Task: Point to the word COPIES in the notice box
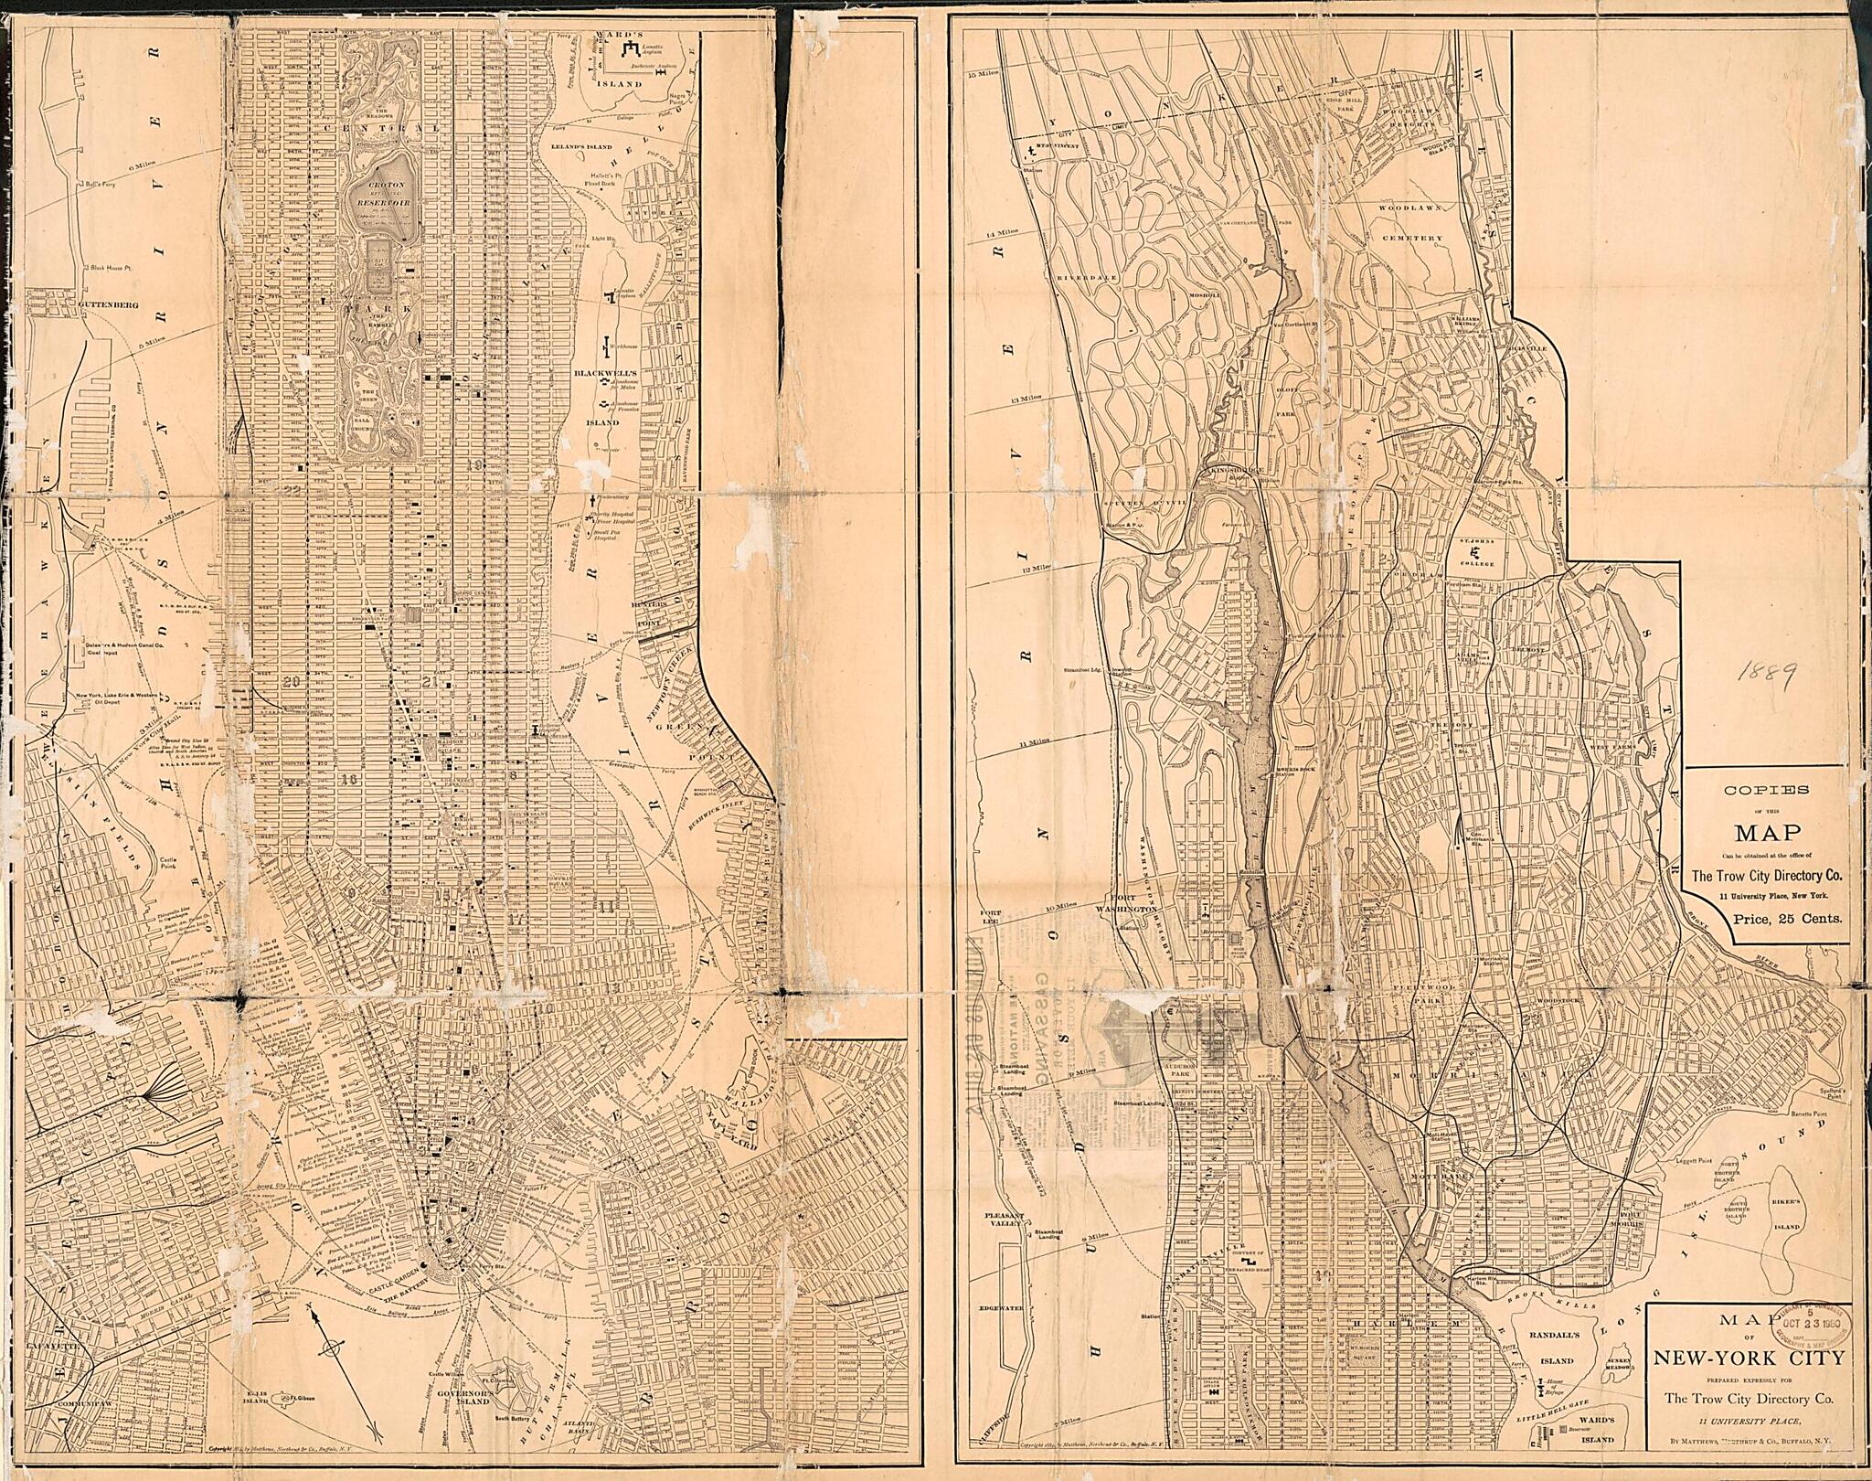click(x=1764, y=792)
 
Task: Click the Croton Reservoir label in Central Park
click(x=376, y=195)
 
